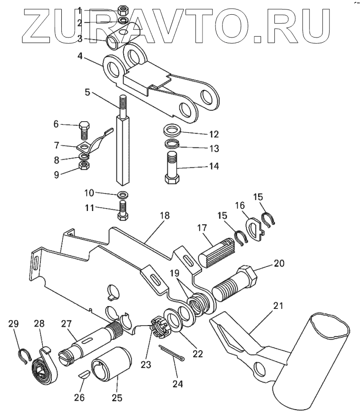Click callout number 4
80,56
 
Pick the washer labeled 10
122,194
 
